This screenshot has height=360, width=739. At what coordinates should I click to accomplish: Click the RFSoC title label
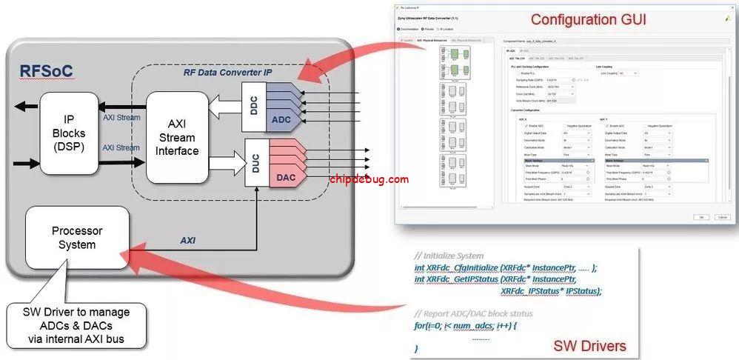coord(46,71)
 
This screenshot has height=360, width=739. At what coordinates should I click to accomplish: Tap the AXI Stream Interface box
coord(177,138)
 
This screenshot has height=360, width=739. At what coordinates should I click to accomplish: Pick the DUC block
coord(255,164)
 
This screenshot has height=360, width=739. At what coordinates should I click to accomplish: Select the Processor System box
coord(77,238)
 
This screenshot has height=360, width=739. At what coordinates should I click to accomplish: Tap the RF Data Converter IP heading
coord(227,73)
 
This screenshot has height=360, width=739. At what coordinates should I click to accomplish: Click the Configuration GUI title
coord(588,19)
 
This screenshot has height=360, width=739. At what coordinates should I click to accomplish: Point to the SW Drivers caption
coord(589,346)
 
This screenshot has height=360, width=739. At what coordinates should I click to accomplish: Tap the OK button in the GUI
coord(699,217)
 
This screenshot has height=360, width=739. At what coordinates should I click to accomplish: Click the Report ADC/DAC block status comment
coord(473,313)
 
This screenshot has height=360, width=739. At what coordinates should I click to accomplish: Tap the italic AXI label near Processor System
coord(188,240)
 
